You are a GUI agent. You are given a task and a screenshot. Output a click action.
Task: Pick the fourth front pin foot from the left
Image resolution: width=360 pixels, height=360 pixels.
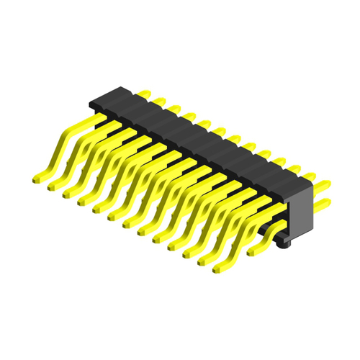pyautogui.click(x=82, y=202)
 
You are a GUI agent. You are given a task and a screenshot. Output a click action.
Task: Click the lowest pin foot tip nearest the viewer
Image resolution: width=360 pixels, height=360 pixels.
pyautogui.click(x=217, y=269)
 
